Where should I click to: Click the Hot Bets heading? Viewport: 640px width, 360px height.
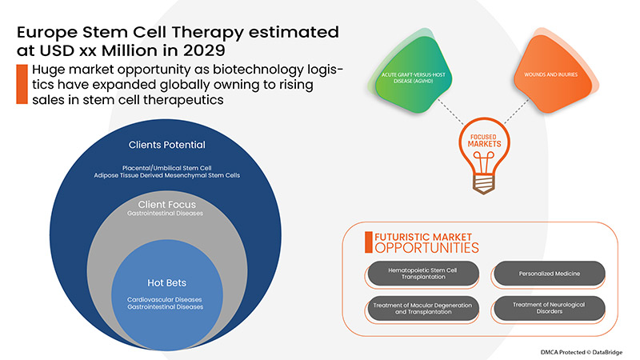pos(167,282)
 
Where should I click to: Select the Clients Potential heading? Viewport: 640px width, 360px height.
pos(167,145)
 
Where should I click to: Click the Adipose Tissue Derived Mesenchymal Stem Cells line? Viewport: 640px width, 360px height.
pos(167,174)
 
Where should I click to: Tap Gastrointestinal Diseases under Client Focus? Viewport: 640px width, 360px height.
pos(167,214)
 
